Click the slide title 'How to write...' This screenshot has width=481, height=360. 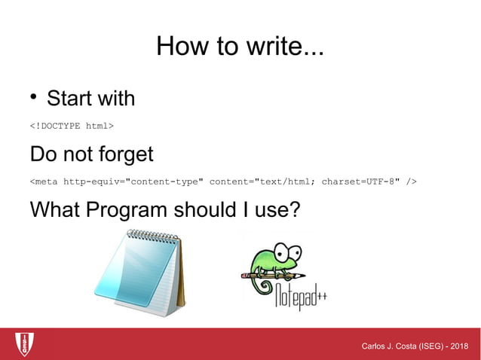coord(240,47)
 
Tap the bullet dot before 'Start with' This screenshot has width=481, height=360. coord(34,97)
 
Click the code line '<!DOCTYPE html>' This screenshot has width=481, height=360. coord(72,125)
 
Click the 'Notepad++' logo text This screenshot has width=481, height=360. coord(299,294)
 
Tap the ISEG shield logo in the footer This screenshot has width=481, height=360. coord(25,343)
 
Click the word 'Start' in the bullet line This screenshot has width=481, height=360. coord(69,98)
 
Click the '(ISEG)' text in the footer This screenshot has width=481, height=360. coord(429,346)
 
